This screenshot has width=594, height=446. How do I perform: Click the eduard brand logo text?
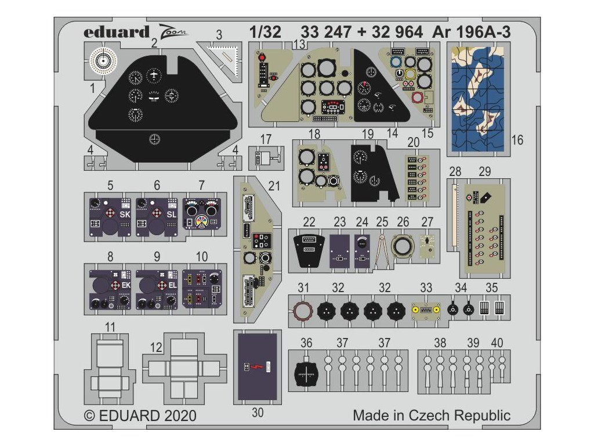pyautogui.click(x=116, y=32)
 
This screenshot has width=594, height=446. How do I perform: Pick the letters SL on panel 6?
pyautogui.click(x=171, y=214)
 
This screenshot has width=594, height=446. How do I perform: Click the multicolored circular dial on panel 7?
pyautogui.click(x=201, y=222)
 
